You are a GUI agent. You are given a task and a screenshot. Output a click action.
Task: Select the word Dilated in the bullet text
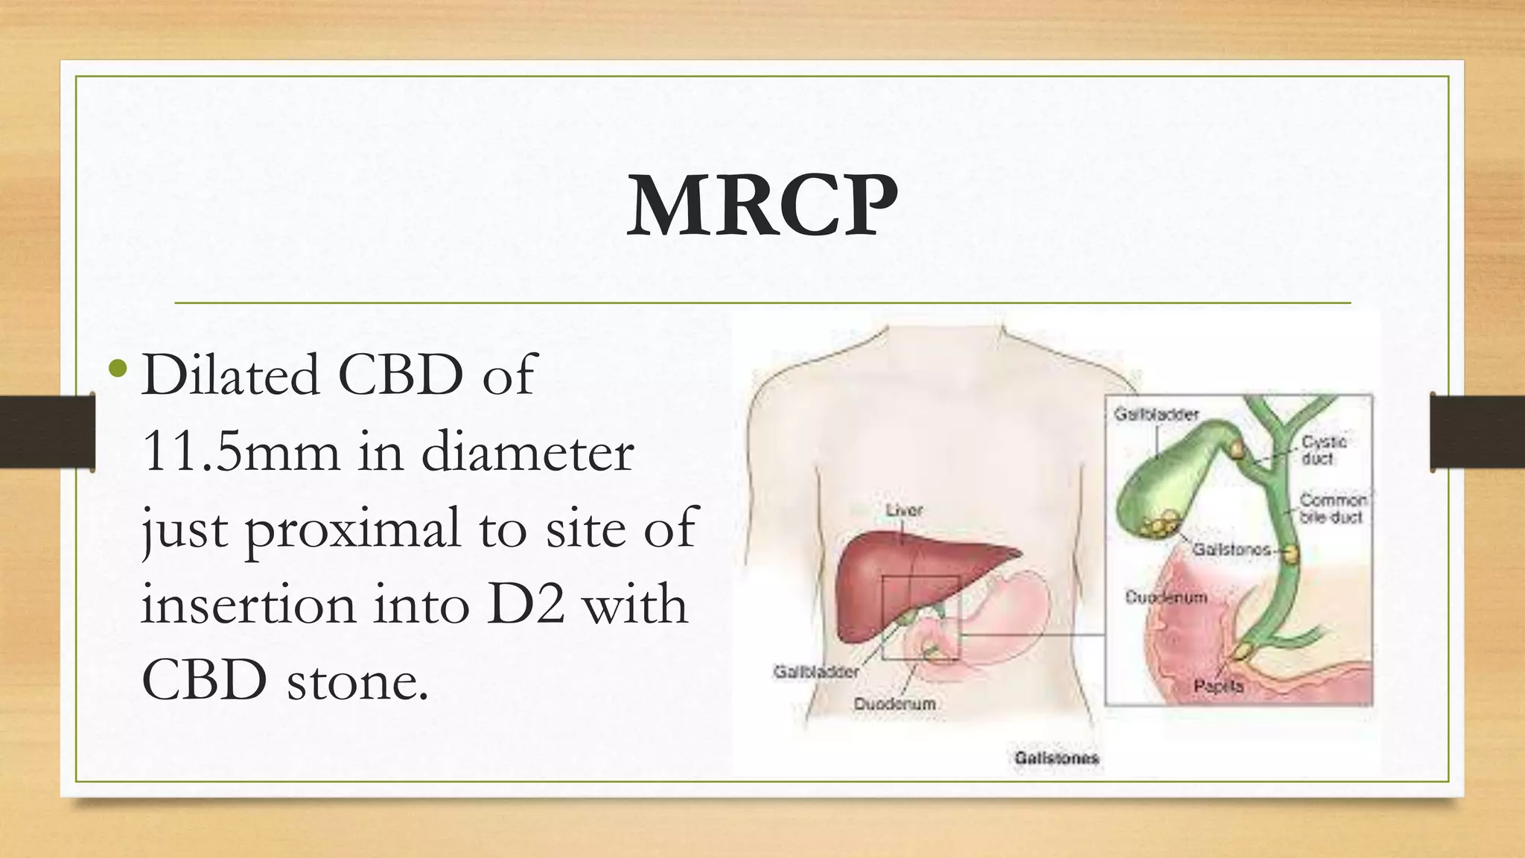click(x=230, y=374)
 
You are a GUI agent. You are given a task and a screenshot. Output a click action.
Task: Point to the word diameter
click(x=528, y=451)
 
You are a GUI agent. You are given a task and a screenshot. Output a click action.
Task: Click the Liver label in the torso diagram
click(x=904, y=510)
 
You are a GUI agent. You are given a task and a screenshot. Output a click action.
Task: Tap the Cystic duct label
click(x=1323, y=450)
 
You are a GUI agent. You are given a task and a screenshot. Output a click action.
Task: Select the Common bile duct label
click(x=1333, y=508)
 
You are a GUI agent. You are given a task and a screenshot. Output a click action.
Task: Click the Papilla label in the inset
click(x=1219, y=686)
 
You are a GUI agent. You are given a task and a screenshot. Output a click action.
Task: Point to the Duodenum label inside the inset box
click(x=1166, y=597)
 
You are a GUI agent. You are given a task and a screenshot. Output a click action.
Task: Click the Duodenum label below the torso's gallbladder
click(x=894, y=704)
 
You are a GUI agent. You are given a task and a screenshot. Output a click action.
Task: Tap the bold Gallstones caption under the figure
click(x=1057, y=758)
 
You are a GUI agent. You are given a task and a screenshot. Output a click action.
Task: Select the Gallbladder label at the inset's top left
click(x=1156, y=413)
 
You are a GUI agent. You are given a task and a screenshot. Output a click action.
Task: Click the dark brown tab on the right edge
click(x=1477, y=433)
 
